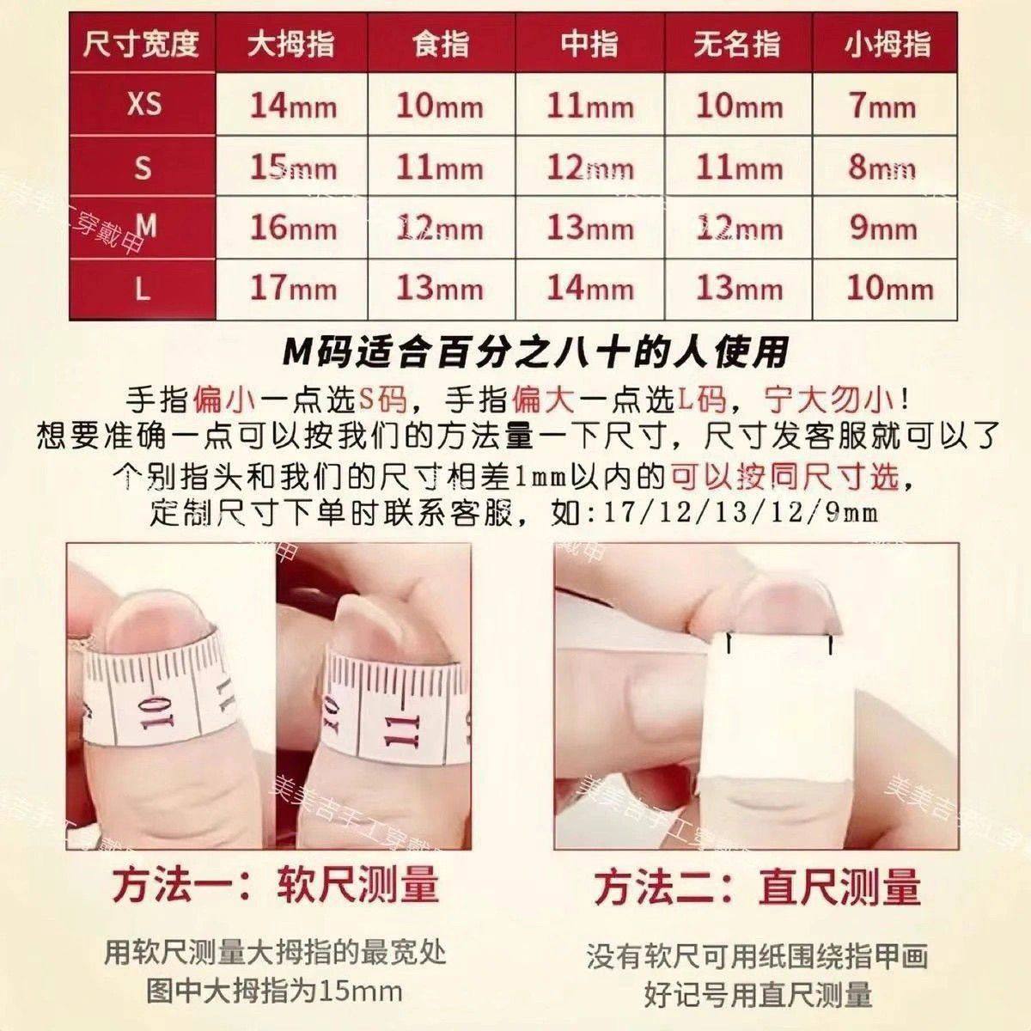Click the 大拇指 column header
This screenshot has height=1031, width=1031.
pos(290,43)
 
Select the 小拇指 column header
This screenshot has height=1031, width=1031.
pos(887,43)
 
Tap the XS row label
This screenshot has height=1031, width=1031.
pos(143,104)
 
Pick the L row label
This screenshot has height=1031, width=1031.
pos(143,288)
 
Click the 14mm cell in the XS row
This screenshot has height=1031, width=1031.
pos(292,106)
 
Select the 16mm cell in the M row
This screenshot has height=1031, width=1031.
pos(292,228)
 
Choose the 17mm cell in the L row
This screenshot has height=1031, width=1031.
pos(292,288)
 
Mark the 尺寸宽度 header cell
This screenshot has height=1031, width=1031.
pos(141,43)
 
